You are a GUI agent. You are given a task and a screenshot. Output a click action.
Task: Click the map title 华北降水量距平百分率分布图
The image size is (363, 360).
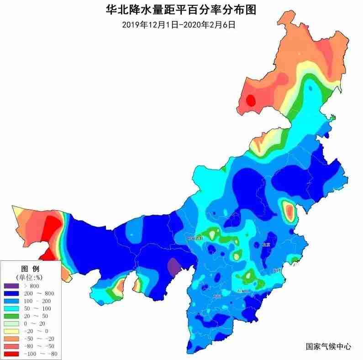point(181,9)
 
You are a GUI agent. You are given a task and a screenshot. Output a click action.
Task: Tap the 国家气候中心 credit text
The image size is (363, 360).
point(328,347)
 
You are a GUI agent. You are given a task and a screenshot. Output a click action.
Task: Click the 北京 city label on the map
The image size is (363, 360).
point(266,245)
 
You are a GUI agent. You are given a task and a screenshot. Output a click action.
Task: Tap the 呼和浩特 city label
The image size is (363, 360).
point(195,238)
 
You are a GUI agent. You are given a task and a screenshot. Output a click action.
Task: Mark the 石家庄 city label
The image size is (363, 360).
point(244,291)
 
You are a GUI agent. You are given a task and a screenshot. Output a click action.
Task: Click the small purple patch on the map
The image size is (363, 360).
point(174,266)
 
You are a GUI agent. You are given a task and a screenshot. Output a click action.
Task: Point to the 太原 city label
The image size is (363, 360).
point(216,296)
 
